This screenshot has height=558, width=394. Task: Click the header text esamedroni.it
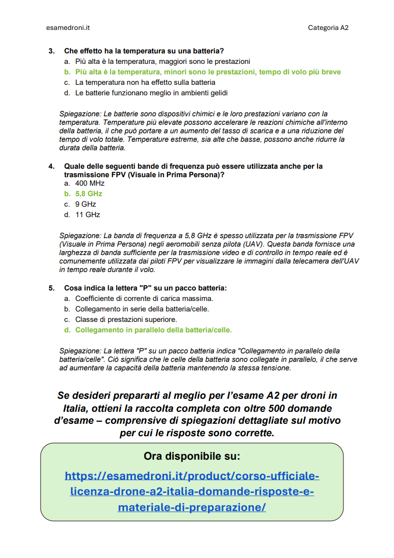pyautogui.click(x=67, y=28)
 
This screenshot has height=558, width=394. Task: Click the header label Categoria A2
pyautogui.click(x=328, y=28)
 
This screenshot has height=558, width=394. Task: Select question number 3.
pyautogui.click(x=51, y=51)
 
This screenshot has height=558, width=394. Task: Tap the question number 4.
pyautogui.click(x=51, y=166)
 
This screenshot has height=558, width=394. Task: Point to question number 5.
pyautogui.click(x=51, y=288)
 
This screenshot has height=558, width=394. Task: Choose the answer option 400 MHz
pyautogui.click(x=90, y=183)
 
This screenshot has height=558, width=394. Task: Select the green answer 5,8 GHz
pyautogui.click(x=88, y=194)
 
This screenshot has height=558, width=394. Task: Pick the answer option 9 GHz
pyautogui.click(x=85, y=204)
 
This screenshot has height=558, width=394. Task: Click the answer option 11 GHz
pyautogui.click(x=87, y=215)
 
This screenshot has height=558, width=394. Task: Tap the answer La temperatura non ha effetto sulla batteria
pyautogui.click(x=145, y=82)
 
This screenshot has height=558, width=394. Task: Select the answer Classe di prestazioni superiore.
pyautogui.click(x=126, y=319)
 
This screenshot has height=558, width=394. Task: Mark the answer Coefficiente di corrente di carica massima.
pyautogui.click(x=144, y=298)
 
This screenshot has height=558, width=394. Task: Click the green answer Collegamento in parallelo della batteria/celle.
pyautogui.click(x=153, y=330)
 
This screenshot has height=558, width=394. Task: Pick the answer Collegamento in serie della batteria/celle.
pyautogui.click(x=142, y=309)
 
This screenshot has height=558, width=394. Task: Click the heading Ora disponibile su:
pyautogui.click(x=192, y=456)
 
